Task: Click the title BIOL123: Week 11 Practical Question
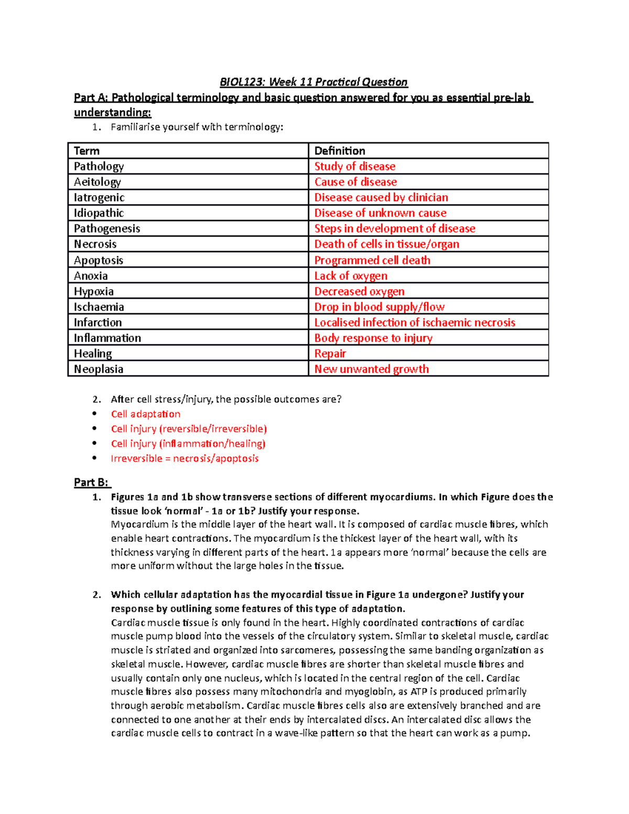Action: tap(313, 82)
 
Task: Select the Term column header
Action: tap(86, 151)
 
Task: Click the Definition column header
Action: tap(340, 151)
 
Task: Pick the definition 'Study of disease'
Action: tap(355, 167)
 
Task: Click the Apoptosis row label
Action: tap(99, 261)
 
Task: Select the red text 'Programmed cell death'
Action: tap(372, 261)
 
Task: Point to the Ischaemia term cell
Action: tap(99, 307)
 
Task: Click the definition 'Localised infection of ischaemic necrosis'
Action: tap(415, 323)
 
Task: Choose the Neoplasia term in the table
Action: tap(99, 370)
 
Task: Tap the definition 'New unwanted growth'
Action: tap(371, 370)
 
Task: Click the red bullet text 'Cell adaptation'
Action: tap(146, 414)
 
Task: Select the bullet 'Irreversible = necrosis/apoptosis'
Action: tap(185, 459)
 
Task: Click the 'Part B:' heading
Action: tap(92, 483)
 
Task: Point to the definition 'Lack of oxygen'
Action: tap(351, 276)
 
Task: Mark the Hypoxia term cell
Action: tap(94, 291)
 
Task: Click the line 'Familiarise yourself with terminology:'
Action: tap(197, 127)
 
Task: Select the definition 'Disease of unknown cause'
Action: tap(380, 213)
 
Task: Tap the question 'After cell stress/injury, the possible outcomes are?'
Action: tap(226, 399)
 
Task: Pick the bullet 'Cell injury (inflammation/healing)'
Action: tap(188, 444)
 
